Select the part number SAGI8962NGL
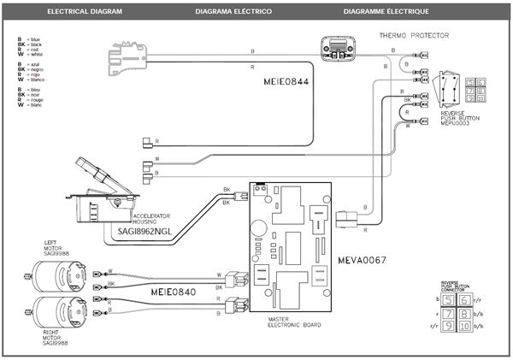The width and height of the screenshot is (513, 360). [140, 231]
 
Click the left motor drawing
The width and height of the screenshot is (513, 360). [57, 276]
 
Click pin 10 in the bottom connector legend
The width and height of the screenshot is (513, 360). [463, 327]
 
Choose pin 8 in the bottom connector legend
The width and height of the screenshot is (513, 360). [463, 314]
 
